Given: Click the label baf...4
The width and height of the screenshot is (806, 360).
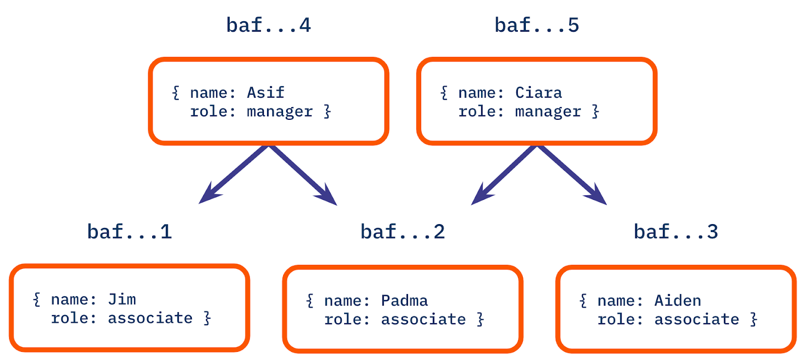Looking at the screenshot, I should tap(268, 25).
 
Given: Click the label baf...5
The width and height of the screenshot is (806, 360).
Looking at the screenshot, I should tap(537, 25).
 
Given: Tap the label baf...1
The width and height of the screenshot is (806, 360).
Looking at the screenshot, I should tap(129, 232).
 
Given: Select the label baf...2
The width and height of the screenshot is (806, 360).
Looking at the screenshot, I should tap(402, 232).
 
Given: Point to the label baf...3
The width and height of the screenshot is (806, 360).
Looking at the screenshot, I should tap(676, 232).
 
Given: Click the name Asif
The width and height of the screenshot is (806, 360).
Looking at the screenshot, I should tap(265, 93).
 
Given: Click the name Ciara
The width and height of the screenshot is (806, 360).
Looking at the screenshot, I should tap(539, 93).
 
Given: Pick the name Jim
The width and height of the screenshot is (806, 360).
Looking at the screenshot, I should tap(122, 300).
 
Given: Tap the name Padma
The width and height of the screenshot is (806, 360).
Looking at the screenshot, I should tap(404, 301).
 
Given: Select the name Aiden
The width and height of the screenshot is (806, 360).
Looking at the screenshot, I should tap(678, 301).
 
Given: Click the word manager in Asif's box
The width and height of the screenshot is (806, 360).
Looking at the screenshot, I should tap(280, 112).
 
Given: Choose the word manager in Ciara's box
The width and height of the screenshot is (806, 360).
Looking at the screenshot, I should tap(548, 112).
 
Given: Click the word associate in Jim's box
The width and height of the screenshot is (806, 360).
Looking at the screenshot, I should tap(150, 318).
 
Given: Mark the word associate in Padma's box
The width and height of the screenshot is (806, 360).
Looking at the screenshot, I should tap(423, 319).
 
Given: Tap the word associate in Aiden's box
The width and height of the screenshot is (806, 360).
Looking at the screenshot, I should tap(696, 319).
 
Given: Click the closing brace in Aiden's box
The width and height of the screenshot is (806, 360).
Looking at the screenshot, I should tap(754, 319).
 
